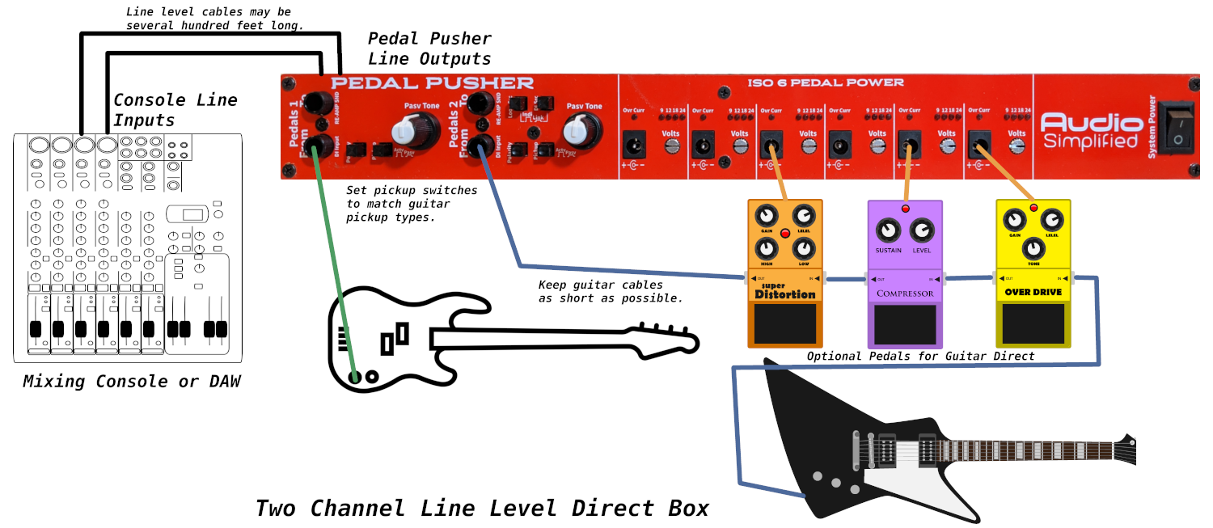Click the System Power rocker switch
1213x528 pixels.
pyautogui.click(x=1177, y=127)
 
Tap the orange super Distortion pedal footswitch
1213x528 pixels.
pyautogui.click(x=784, y=323)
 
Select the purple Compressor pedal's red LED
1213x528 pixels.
pyautogui.click(x=905, y=209)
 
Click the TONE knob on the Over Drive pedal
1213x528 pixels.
pyautogui.click(x=1031, y=247)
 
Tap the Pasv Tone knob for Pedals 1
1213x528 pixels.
pyautogui.click(x=405, y=130)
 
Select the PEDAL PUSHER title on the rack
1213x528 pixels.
pyautogui.click(x=432, y=83)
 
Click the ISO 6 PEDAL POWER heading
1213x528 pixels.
pyautogui.click(x=826, y=82)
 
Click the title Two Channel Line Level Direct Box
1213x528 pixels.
pyautogui.click(x=482, y=508)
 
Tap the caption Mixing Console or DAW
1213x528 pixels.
pyautogui.click(x=131, y=381)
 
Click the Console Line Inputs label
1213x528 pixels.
pyautogui.click(x=175, y=110)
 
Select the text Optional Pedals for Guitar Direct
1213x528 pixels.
pyautogui.click(x=920, y=356)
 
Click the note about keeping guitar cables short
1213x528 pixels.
pyautogui.click(x=611, y=291)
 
